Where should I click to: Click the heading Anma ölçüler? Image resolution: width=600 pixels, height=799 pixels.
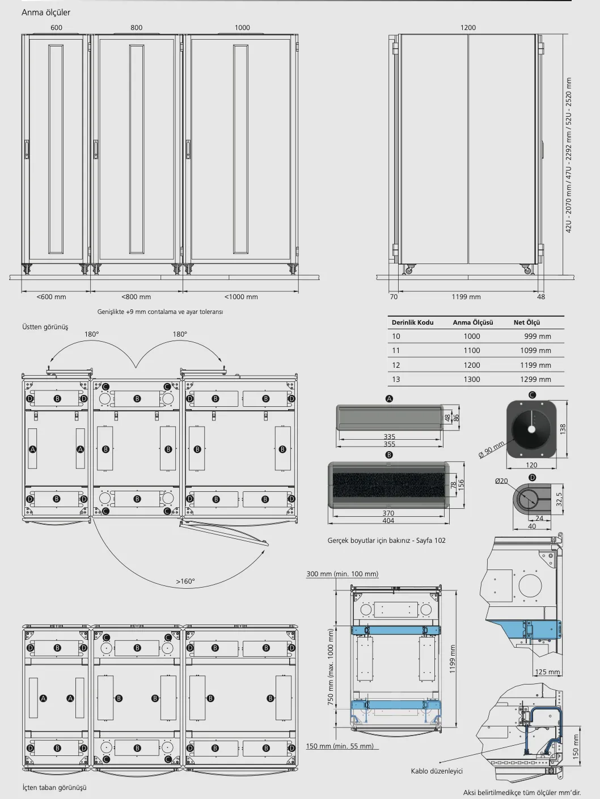(46, 12)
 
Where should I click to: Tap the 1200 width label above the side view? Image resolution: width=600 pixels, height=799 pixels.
(468, 28)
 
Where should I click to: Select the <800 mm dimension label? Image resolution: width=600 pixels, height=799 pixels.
(136, 297)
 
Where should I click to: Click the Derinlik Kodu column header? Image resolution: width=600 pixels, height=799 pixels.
(412, 322)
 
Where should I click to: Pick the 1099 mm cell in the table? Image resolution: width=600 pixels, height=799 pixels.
(535, 351)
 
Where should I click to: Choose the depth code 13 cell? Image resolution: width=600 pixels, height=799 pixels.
(396, 379)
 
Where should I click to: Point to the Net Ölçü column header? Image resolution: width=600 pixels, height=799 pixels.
(527, 322)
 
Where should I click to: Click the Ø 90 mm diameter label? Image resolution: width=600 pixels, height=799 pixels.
(492, 449)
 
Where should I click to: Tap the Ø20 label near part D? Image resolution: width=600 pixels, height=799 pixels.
(501, 481)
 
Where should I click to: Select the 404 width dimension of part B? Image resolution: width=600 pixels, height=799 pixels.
(388, 521)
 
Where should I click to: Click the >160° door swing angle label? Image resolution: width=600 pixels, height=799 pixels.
(185, 581)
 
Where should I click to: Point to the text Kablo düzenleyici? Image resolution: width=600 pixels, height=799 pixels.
(437, 771)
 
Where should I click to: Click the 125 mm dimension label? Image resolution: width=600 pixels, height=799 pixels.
(547, 672)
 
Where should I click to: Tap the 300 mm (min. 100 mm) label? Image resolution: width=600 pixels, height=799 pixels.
(343, 574)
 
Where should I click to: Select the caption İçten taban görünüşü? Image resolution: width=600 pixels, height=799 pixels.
(54, 787)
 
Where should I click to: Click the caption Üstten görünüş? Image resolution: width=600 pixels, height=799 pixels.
(45, 327)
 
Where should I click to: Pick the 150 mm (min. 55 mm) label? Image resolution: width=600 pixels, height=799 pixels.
(340, 746)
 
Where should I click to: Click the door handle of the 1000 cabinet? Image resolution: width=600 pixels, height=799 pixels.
(188, 150)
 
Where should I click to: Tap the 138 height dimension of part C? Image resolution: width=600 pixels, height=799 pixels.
(563, 429)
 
